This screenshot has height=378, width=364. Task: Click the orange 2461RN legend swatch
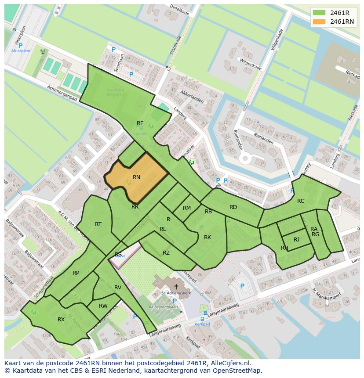pos(319,22)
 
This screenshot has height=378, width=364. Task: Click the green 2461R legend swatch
pos(319,12)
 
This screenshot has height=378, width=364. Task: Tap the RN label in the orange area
pos(136,177)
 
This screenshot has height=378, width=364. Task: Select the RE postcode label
pos(140,123)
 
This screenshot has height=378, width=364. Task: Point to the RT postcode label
pos(98,224)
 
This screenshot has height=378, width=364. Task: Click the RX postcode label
pos(61,320)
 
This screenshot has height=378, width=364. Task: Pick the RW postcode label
pos(103,306)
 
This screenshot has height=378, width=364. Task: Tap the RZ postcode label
pos(166,253)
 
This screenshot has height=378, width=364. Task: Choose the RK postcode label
pos(207,238)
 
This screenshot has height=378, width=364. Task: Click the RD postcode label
pos(233,207)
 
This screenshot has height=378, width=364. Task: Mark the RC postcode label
pos(301,201)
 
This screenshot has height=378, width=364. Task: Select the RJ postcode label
pos(296,240)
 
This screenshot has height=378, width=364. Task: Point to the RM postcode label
pos(187,208)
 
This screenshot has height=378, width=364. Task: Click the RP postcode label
pos(76,273)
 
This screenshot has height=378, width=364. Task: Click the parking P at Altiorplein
pos(20,45)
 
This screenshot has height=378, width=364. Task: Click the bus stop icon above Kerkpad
pos(203,319)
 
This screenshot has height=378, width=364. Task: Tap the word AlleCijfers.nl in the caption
pos(230,363)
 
